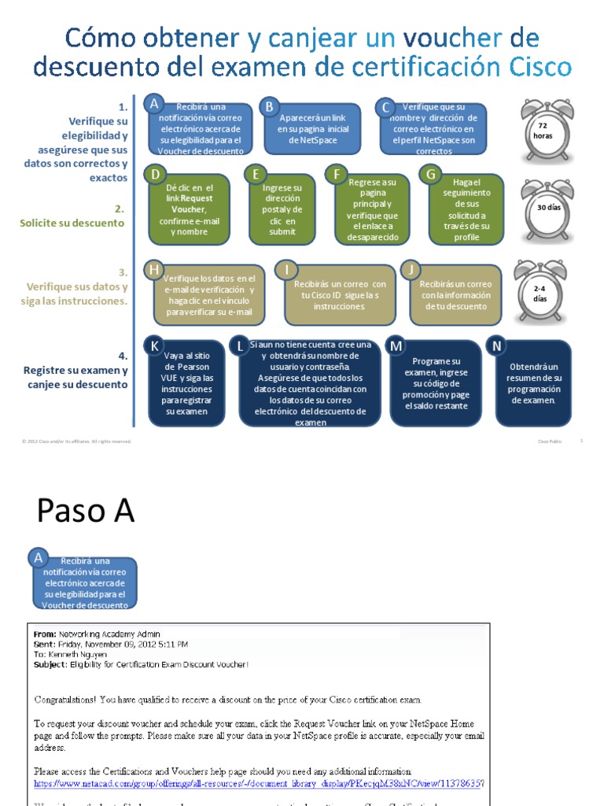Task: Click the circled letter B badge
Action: tap(270, 106)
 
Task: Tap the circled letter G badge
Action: tap(430, 174)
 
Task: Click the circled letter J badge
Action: tap(410, 271)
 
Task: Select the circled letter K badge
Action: tap(155, 346)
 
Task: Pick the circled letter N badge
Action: tap(495, 346)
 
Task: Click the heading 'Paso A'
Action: tap(86, 512)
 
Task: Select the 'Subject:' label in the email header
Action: tap(51, 664)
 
